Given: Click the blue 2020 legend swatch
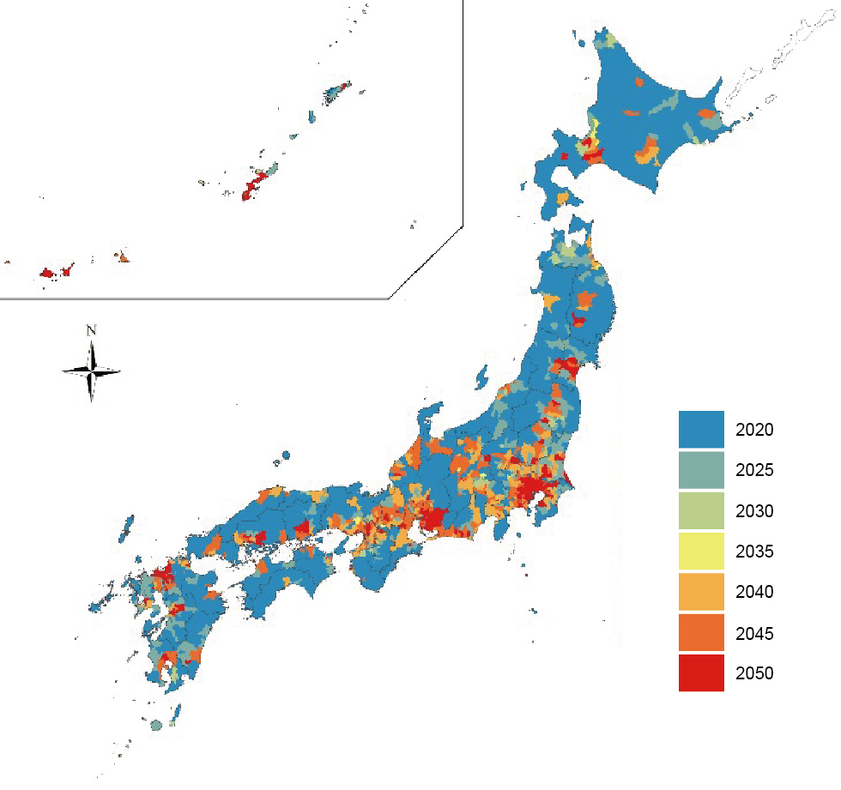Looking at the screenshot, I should (x=701, y=429).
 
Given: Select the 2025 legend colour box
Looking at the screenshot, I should (x=701, y=470).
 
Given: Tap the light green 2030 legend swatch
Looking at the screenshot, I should (x=701, y=510).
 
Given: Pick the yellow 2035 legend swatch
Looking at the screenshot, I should (x=701, y=551).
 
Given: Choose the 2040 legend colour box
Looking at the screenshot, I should (x=701, y=592).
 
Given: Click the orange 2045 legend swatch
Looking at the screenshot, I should (x=701, y=633).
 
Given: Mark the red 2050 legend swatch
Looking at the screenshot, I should (x=701, y=673).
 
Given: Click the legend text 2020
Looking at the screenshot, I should (x=754, y=429).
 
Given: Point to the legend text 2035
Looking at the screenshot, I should (x=754, y=552).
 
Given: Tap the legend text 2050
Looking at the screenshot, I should (x=754, y=674).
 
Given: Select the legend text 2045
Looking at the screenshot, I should (x=754, y=634).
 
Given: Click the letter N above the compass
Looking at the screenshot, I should (x=91, y=330).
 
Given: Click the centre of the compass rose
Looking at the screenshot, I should (x=91, y=371).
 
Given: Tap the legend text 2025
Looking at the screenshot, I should (x=754, y=470).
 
